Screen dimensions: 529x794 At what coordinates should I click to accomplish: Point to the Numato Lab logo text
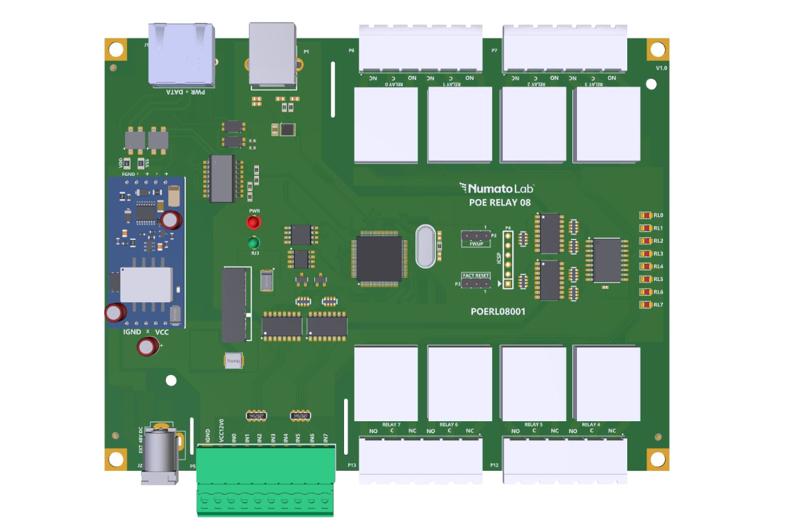point(501,188)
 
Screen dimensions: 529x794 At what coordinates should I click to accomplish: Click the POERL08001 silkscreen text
point(498,310)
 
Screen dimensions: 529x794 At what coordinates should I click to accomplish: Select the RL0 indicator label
point(658,216)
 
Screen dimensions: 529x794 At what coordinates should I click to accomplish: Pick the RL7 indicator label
point(658,305)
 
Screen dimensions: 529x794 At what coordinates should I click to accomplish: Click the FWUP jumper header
point(476,236)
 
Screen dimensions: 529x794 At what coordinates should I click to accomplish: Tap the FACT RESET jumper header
point(476,284)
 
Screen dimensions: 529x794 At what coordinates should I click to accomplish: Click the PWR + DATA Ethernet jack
point(183,56)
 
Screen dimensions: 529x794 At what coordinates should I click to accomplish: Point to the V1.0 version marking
point(661,69)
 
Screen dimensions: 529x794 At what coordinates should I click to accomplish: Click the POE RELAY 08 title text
point(500,203)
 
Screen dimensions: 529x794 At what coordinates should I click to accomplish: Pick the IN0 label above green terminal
point(234,438)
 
